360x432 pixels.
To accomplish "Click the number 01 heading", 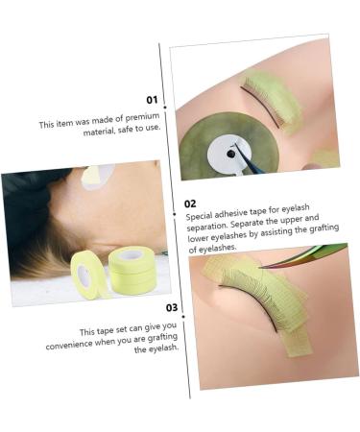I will tap(152, 99).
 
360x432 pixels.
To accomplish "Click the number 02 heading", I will tap(190, 204).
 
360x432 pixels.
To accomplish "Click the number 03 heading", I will tap(172, 308).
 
